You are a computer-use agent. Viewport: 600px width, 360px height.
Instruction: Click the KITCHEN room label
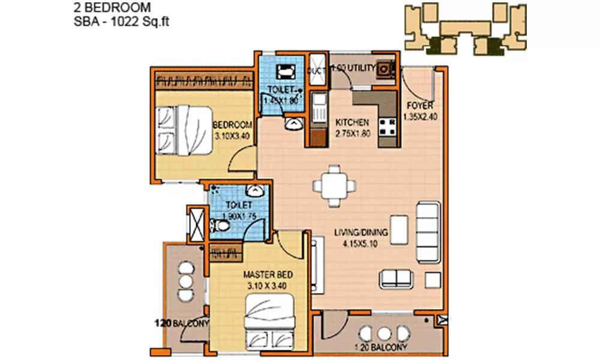tap(352, 122)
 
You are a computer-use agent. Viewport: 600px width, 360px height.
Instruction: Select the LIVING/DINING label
tap(360, 233)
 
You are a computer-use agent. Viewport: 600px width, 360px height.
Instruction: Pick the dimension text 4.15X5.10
tap(360, 244)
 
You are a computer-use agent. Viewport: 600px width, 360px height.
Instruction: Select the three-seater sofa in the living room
tap(427, 226)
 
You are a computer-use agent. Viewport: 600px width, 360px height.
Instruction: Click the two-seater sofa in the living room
tap(396, 277)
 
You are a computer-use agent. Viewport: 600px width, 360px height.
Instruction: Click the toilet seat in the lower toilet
tap(220, 226)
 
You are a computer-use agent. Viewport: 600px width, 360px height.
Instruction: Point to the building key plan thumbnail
tap(464, 28)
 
